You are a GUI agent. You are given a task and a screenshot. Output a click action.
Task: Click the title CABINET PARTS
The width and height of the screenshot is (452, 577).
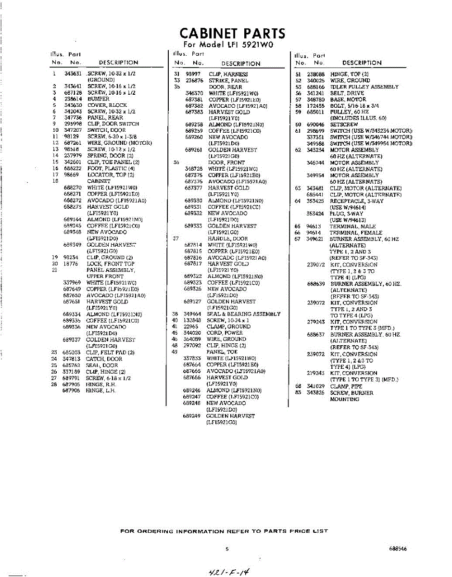coord(232,33)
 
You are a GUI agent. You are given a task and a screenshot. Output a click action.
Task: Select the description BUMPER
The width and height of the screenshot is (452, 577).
coord(99,99)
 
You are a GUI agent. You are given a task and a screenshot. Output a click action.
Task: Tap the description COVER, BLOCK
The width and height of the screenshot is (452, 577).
coord(107,105)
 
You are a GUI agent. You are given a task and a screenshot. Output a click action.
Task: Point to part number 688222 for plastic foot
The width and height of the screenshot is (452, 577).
coord(73,169)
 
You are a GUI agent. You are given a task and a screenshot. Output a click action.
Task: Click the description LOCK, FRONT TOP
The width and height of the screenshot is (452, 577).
coord(111,264)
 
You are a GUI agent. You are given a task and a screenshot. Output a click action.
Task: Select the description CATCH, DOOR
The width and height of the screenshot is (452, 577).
coord(104,359)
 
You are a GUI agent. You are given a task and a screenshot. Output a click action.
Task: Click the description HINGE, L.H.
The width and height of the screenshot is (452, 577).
coord(101,390)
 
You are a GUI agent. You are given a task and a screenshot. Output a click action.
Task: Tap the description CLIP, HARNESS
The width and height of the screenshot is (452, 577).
coord(228,75)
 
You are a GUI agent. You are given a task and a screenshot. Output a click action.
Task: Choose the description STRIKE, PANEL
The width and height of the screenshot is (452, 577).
coord(228,81)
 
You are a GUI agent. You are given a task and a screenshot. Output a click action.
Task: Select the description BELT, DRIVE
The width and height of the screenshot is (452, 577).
coord(347,93)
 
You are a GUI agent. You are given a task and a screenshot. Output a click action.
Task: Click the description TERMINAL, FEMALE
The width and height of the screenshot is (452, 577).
coord(356,233)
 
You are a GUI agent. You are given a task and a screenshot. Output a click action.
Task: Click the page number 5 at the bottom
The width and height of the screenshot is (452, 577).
coord(227,548)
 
